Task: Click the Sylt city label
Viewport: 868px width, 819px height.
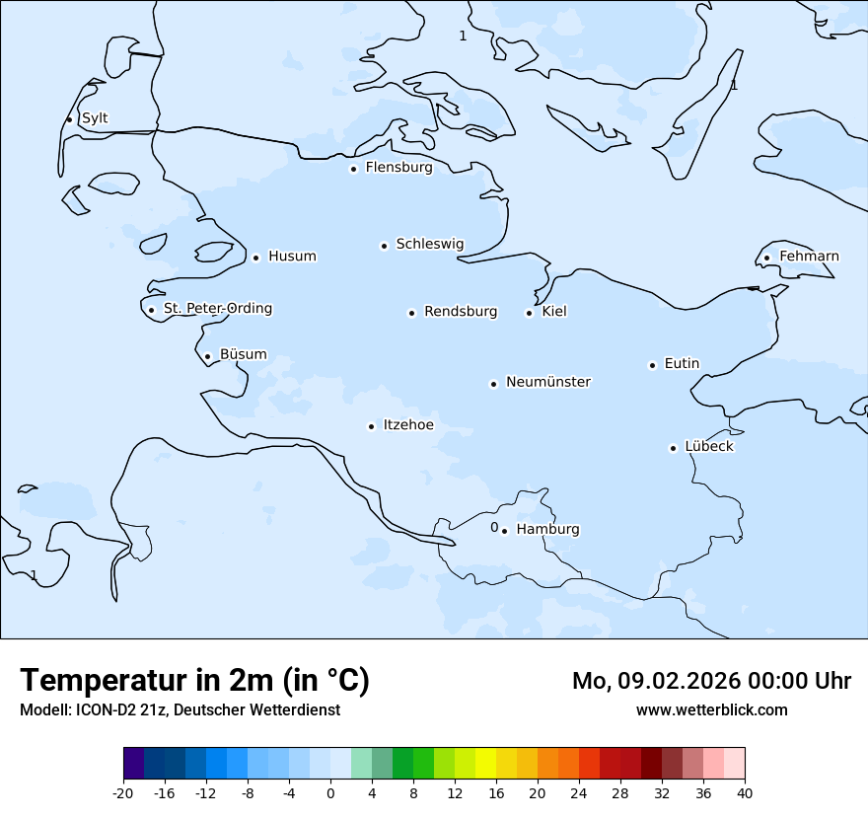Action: [x=95, y=118]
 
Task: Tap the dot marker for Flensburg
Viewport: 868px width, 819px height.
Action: [x=353, y=169]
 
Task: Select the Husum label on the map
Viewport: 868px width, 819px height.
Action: [x=292, y=257]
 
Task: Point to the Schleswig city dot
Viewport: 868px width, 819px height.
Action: [x=384, y=246]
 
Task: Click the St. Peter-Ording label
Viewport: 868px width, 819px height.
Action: [x=217, y=309]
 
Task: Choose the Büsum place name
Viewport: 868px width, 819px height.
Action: [x=243, y=354]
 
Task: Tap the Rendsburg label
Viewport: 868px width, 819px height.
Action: [x=461, y=312]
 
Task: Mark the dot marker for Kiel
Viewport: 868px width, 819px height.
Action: [x=529, y=314]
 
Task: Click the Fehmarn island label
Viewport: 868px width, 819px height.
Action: [x=809, y=257]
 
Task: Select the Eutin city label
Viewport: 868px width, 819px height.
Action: [x=682, y=364]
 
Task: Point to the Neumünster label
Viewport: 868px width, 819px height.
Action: [x=548, y=382]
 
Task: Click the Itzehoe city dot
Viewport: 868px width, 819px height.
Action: [x=371, y=427]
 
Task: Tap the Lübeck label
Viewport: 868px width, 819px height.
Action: [x=709, y=446]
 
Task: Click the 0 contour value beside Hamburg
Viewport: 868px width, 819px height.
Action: [x=494, y=527]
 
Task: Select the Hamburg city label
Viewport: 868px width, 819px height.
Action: [x=547, y=530]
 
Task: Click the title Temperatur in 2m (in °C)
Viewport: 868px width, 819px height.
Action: [x=194, y=681]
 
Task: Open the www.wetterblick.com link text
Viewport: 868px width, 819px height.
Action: [x=711, y=709]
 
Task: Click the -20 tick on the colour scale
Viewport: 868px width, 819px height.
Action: [x=123, y=792]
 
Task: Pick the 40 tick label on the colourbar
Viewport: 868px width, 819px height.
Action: [x=745, y=792]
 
